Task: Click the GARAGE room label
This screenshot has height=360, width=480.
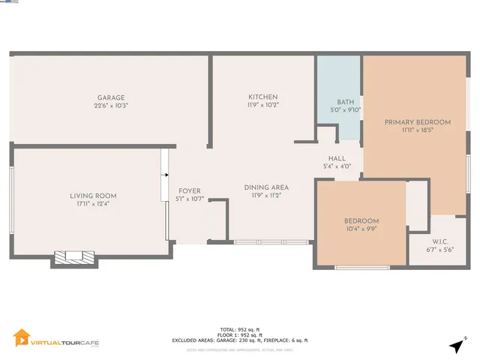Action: click(110, 97)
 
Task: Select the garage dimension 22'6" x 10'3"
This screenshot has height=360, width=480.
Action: click(110, 106)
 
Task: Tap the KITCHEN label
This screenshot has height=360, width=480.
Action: click(263, 97)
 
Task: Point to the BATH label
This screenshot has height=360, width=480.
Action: click(345, 102)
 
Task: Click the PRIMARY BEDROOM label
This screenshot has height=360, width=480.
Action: click(418, 121)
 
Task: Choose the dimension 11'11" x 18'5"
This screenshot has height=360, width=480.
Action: click(418, 130)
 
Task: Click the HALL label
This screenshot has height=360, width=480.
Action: click(337, 158)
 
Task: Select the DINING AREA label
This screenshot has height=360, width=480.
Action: click(266, 187)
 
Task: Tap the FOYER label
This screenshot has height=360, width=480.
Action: click(189, 190)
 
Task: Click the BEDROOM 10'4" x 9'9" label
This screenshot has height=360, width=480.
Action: click(361, 220)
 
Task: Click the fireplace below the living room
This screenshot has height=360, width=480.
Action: click(73, 257)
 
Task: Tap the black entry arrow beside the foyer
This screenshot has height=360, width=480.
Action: click(164, 176)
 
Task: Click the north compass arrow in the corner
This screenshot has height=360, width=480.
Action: click(457, 345)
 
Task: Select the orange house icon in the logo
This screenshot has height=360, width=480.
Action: click(22, 338)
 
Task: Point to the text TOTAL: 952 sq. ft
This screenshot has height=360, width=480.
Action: click(239, 328)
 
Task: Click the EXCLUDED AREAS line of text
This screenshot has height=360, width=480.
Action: click(239, 340)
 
